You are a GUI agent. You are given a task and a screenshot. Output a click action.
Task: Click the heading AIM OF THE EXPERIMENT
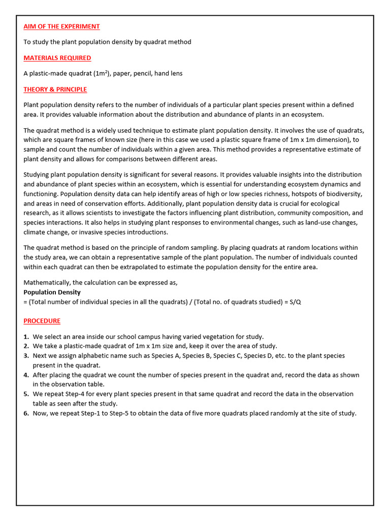point(61,26)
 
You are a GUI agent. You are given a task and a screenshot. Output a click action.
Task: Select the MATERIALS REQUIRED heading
point(57,58)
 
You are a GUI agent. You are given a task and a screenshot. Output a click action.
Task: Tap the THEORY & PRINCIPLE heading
point(55,90)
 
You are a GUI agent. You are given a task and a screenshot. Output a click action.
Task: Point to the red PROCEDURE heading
point(42,321)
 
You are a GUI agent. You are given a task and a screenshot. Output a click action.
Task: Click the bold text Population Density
point(52,293)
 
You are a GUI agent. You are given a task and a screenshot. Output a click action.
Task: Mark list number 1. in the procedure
point(26,337)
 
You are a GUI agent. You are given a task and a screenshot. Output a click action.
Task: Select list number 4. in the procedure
point(26,375)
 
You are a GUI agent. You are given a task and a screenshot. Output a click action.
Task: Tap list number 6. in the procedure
point(26,413)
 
